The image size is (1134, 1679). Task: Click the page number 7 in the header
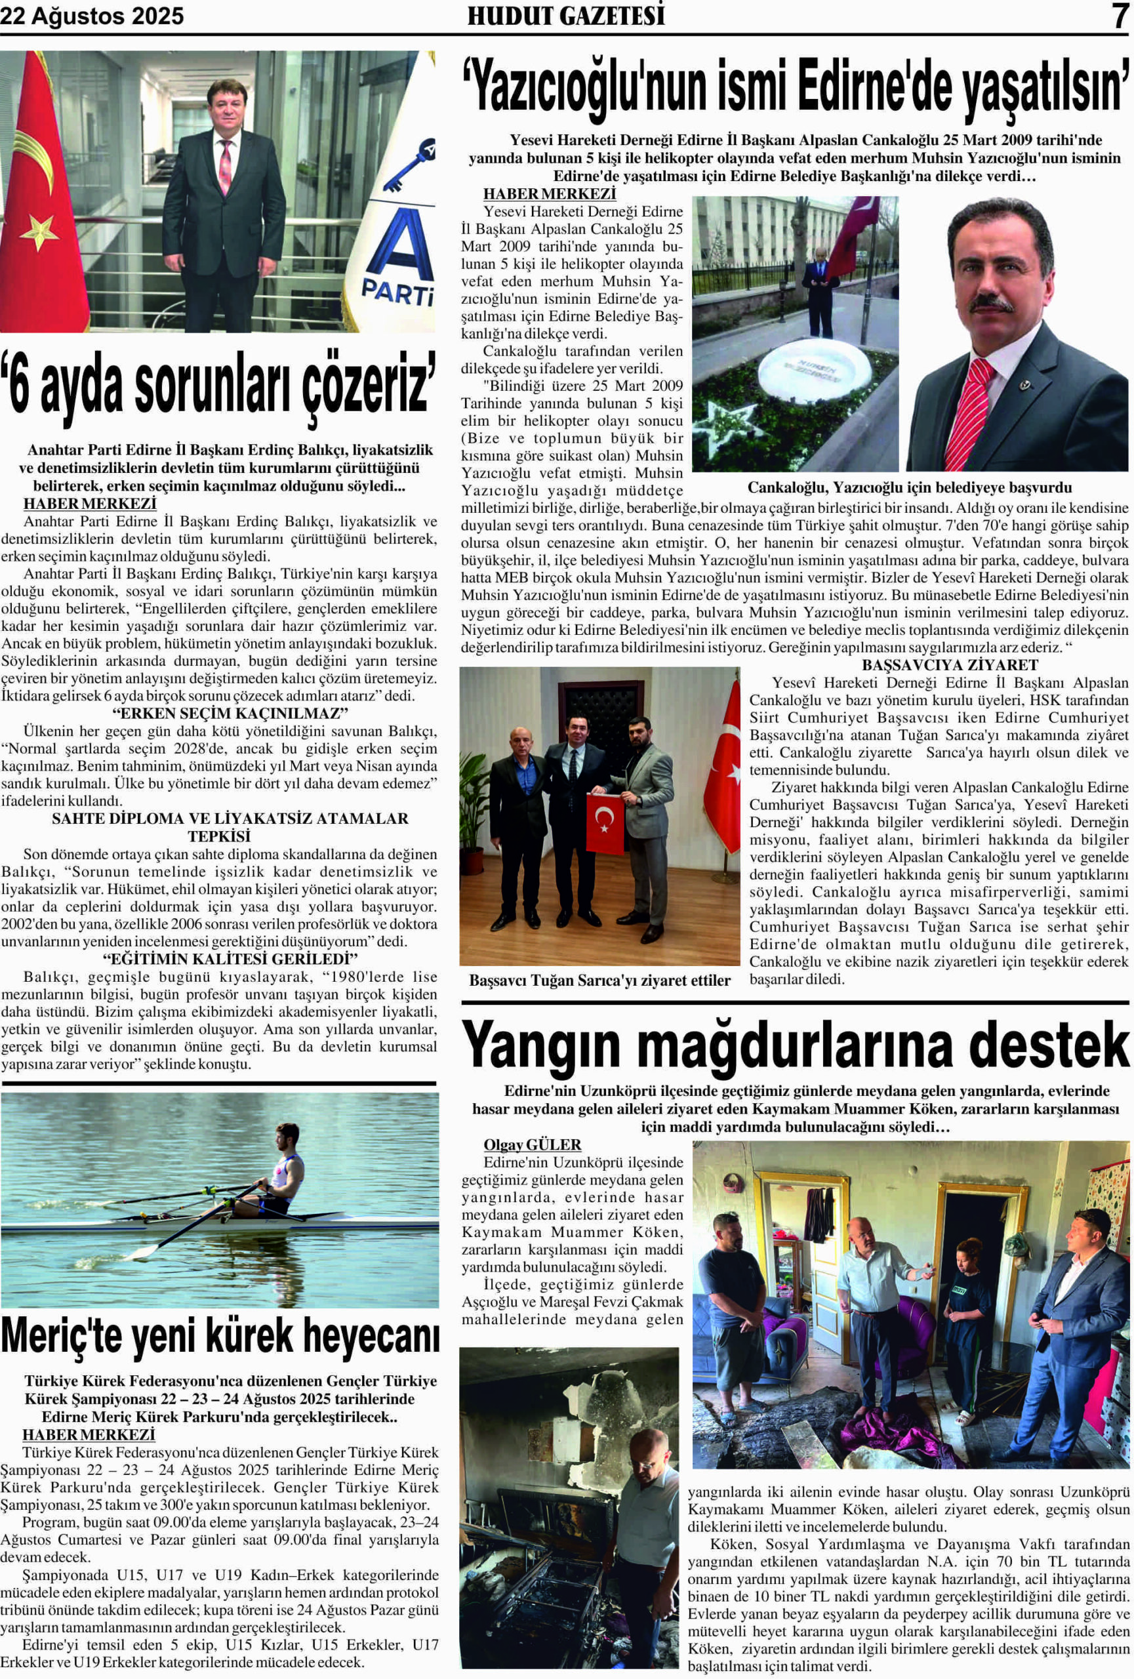pos(1119,16)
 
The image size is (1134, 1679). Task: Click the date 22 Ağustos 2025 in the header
pos(92,16)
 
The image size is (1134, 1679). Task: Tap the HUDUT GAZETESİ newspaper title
pos(565,16)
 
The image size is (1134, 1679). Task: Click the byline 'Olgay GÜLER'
pos(532,1145)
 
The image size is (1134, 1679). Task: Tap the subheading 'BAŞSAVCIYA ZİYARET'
pos(949,664)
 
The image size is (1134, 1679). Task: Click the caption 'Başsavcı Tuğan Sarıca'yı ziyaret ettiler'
pos(599,981)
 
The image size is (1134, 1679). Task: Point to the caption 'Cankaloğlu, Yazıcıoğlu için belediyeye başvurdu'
pos(908,488)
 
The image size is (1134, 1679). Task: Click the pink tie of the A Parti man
pos(226,166)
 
